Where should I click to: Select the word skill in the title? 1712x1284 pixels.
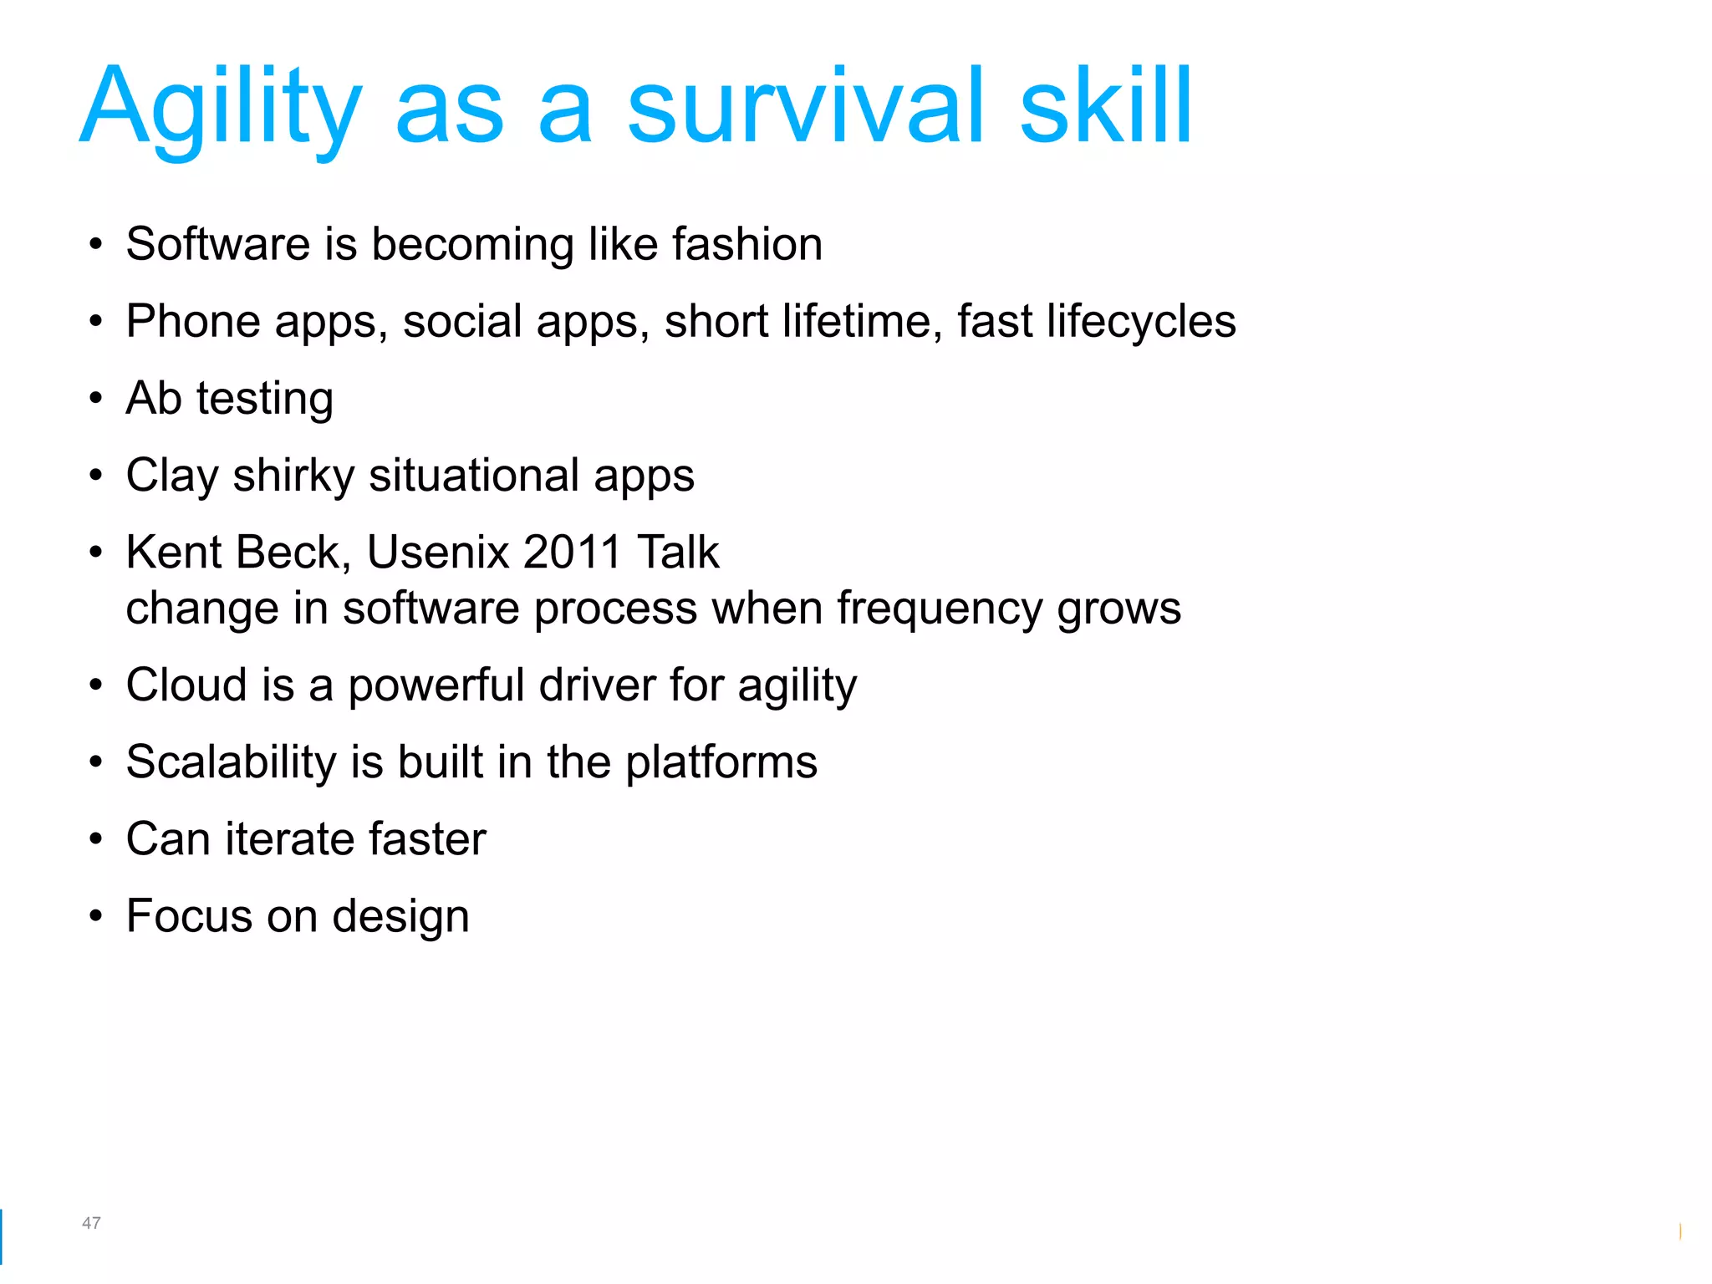pyautogui.click(x=1105, y=107)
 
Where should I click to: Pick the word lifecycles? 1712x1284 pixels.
pyautogui.click(x=1141, y=321)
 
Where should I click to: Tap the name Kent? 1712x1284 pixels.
pyautogui.click(x=174, y=553)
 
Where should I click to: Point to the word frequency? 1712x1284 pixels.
pyautogui.click(x=940, y=609)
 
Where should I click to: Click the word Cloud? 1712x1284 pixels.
pyautogui.click(x=186, y=685)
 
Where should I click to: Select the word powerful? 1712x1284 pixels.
pyautogui.click(x=436, y=685)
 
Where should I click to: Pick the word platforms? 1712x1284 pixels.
pyautogui.click(x=721, y=763)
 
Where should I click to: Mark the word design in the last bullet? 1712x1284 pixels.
pyautogui.click(x=400, y=917)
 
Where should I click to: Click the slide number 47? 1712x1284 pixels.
pyautogui.click(x=91, y=1223)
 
